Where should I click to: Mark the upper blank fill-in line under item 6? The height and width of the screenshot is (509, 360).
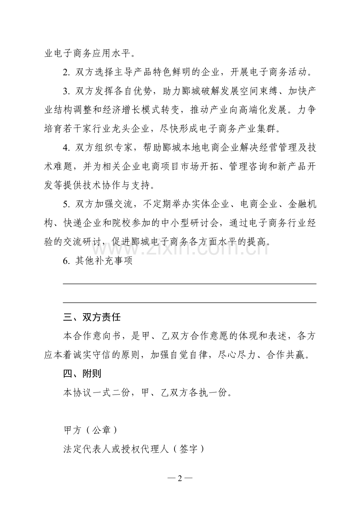point(190,284)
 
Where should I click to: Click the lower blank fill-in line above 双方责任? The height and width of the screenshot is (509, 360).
point(190,303)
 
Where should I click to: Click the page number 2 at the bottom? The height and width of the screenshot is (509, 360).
point(180,479)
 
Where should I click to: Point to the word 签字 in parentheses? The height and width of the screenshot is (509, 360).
point(189,449)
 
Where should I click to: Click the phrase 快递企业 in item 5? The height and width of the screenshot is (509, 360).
point(83,223)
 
